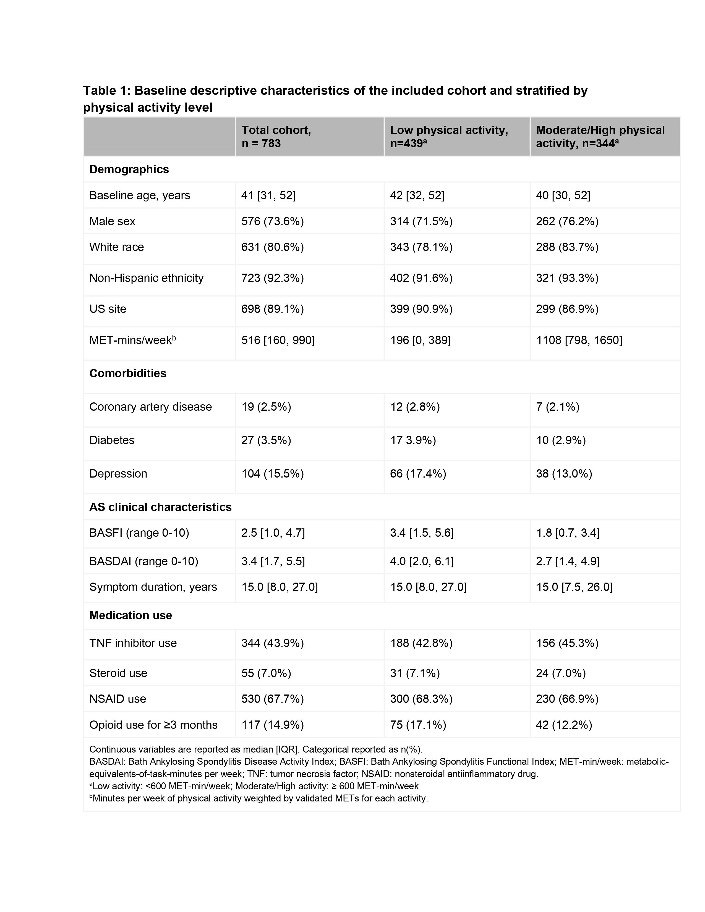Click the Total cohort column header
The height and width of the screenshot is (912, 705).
point(276,137)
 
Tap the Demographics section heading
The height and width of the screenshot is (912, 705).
point(129,169)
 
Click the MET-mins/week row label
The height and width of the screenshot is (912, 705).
point(132,340)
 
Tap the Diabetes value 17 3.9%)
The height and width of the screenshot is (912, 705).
point(413,440)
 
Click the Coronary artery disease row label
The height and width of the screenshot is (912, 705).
point(150,407)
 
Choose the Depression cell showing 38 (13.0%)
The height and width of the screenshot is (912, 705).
point(564,473)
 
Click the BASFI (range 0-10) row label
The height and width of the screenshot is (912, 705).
point(139,533)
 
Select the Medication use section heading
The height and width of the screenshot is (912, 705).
point(131,615)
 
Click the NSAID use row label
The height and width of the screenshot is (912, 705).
point(118,699)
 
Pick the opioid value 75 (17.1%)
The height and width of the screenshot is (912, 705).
point(418,725)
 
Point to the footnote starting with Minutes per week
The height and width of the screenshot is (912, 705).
point(259,798)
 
